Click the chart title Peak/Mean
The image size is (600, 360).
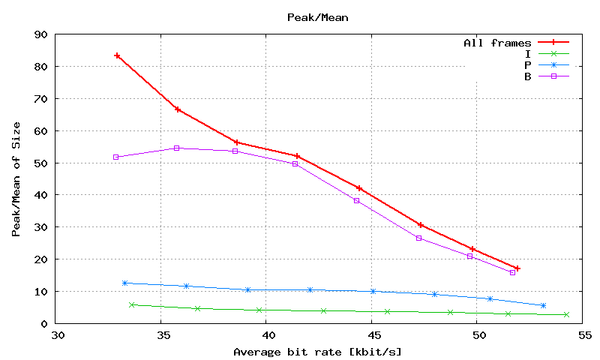(307, 16)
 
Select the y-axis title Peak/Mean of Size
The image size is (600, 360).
(16, 179)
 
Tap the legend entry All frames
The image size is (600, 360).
(497, 43)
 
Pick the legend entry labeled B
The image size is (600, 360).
(528, 76)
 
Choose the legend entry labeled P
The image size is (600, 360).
(528, 65)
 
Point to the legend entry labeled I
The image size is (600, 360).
(528, 54)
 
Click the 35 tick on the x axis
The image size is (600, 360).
(161, 335)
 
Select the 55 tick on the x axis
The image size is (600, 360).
(583, 335)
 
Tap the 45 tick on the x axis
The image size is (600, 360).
(372, 335)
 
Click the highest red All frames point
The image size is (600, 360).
(117, 55)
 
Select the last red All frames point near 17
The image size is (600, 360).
(517, 268)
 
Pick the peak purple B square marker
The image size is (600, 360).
(177, 148)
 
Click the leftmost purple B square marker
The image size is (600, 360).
(115, 157)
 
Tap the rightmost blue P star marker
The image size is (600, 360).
(543, 305)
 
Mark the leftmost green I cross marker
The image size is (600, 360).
(132, 304)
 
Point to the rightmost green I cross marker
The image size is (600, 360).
(566, 314)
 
